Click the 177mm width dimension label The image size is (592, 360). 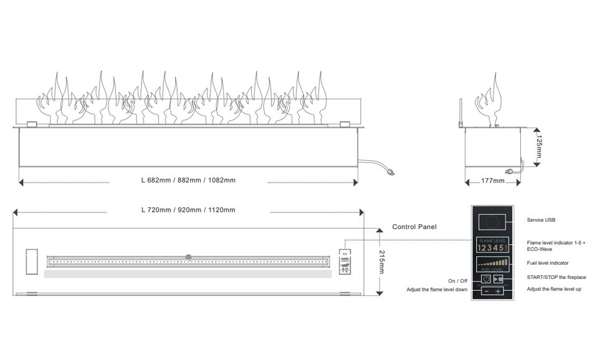tap(493, 181)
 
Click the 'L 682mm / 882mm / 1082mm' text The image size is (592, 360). tap(188, 181)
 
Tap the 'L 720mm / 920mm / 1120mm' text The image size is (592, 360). tap(188, 210)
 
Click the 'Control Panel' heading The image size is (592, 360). tap(414, 227)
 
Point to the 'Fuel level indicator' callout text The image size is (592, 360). tap(548, 263)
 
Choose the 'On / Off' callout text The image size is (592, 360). tap(457, 280)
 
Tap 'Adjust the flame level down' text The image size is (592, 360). tap(436, 290)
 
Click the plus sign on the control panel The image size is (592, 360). tap(498, 291)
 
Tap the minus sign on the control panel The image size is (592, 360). tap(485, 291)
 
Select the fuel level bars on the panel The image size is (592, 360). tap(492, 263)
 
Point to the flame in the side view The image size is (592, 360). tap(489, 103)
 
